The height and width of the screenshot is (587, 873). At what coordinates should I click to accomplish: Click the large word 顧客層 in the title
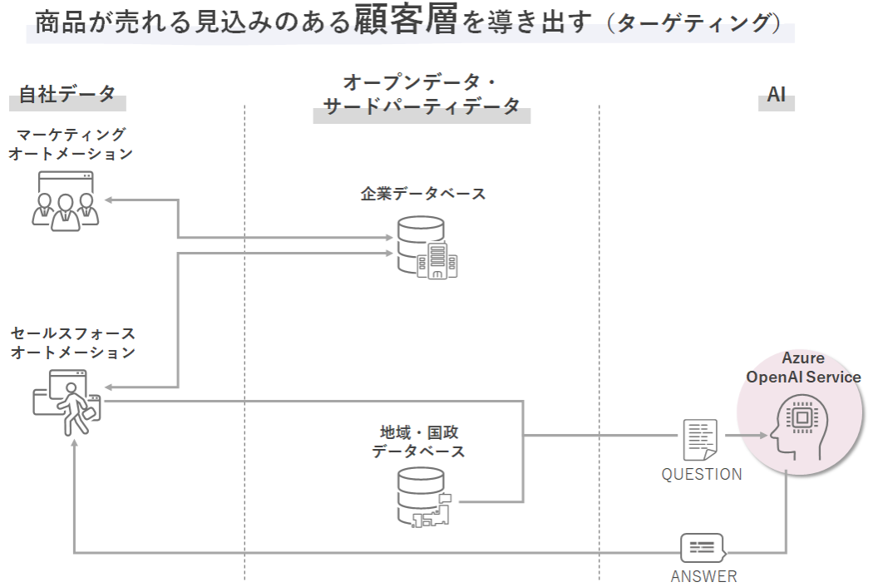coord(405,21)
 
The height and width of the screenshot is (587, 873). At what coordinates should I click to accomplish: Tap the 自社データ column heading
coord(67,94)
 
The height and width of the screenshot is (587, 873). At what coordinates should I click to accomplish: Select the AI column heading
coord(776,95)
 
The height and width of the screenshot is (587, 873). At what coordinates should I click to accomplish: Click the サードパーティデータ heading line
coord(422,106)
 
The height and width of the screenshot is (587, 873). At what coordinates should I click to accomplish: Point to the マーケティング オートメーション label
coord(71,143)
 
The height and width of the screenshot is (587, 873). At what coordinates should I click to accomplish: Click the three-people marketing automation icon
coord(66,200)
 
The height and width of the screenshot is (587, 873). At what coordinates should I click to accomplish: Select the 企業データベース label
coord(423,193)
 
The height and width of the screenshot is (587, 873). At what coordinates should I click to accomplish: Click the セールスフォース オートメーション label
coord(73,343)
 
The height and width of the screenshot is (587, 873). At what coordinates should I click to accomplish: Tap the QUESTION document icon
coord(700,439)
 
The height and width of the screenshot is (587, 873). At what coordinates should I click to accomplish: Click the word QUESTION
coord(702,475)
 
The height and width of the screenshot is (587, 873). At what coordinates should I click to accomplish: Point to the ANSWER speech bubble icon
coord(702,548)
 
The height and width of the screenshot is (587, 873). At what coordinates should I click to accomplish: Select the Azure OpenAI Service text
coord(803,367)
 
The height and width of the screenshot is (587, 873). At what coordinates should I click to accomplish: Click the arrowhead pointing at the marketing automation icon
coord(106,200)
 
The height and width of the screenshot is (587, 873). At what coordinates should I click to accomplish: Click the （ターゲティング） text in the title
coord(694,23)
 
